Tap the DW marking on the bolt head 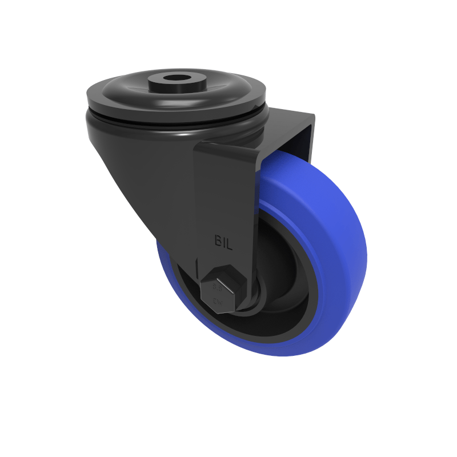tap(218, 300)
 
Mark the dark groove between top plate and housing tap(171, 121)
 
